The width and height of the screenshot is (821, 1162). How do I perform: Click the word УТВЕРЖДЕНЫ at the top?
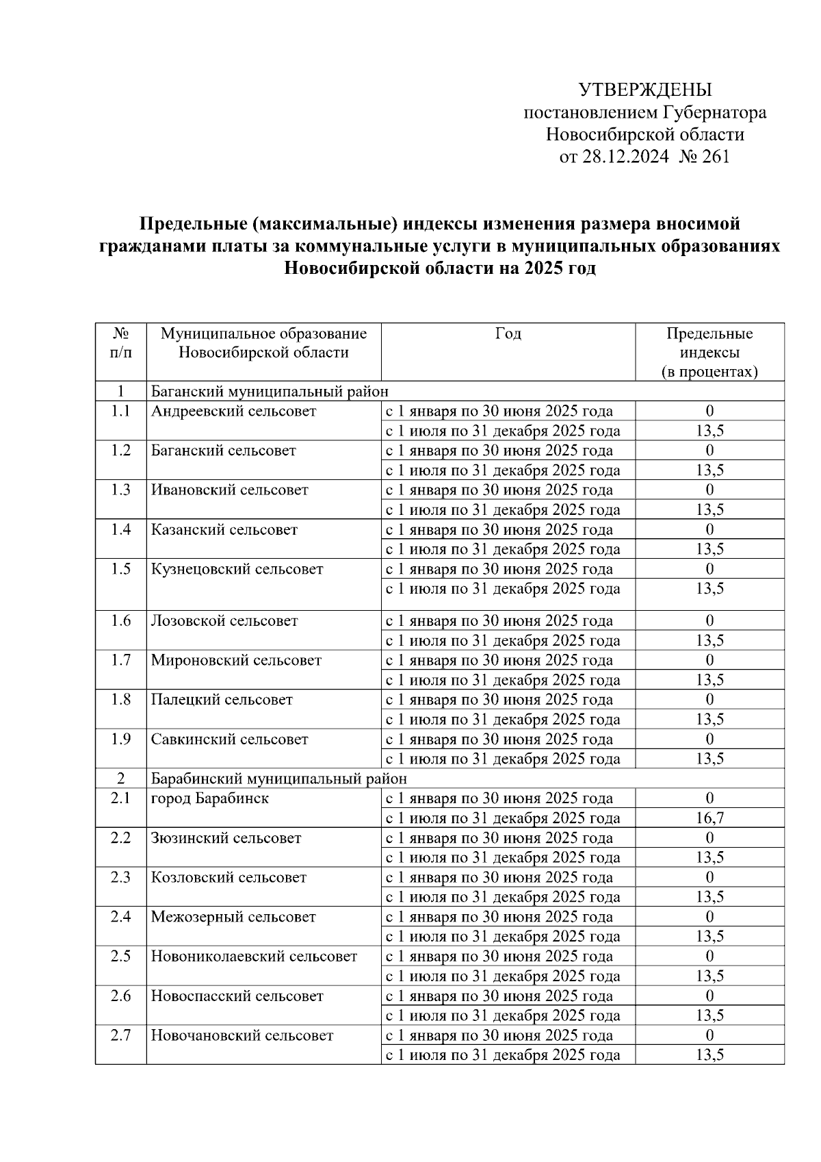(645, 90)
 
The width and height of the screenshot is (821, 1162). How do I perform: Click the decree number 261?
(716, 157)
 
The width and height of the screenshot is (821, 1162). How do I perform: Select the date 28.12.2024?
(625, 157)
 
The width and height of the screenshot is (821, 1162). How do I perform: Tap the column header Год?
(508, 333)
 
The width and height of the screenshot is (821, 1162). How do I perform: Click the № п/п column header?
(120, 343)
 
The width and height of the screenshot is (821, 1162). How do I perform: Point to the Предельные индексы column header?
(709, 353)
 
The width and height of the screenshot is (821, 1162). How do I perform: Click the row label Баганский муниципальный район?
(270, 392)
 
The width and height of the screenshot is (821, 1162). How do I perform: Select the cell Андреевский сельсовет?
(234, 412)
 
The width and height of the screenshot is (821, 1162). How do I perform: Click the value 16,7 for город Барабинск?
(709, 818)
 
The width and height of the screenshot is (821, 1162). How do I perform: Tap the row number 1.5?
(120, 569)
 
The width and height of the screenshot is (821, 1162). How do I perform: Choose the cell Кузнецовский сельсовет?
(237, 569)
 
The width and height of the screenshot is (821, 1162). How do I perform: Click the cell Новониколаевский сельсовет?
(254, 957)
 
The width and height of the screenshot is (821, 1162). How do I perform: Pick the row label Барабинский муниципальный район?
(278, 779)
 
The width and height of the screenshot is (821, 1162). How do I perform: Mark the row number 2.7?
(120, 1035)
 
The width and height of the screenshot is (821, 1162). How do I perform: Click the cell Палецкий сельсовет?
(222, 700)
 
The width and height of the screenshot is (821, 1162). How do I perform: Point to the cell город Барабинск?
(210, 798)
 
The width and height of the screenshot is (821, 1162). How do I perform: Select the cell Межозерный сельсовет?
(233, 917)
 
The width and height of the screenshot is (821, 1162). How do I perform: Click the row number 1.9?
(120, 740)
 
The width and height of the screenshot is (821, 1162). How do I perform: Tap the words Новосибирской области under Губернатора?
(644, 135)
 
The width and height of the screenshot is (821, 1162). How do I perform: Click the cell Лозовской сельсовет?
(224, 621)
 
